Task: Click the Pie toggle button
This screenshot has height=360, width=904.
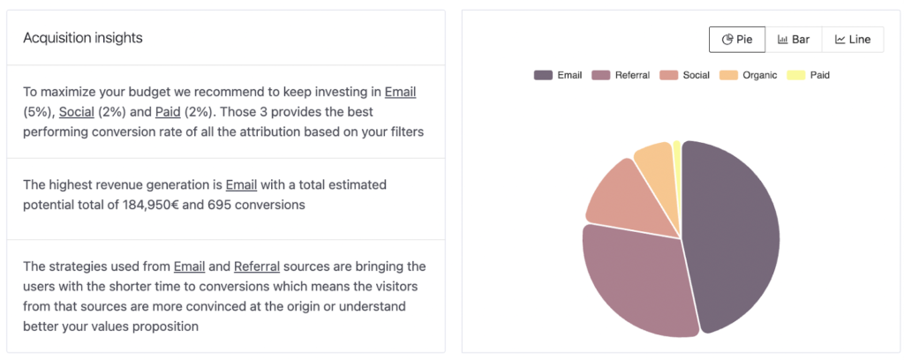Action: (x=737, y=40)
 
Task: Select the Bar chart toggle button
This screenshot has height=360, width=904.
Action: (x=794, y=40)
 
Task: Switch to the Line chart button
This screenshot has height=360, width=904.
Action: (x=853, y=40)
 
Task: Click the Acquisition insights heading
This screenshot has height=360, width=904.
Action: (x=83, y=38)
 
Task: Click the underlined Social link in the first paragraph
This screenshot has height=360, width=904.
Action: (x=76, y=112)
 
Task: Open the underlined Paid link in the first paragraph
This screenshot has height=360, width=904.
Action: (x=167, y=112)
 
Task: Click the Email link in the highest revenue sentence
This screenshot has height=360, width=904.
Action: (x=241, y=184)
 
